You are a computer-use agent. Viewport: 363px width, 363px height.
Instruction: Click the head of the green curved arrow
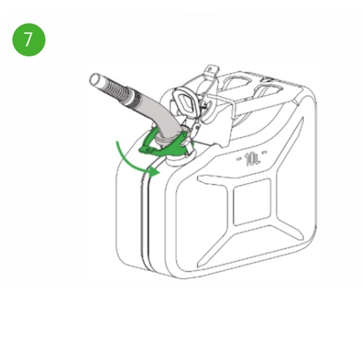(x=156, y=172)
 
